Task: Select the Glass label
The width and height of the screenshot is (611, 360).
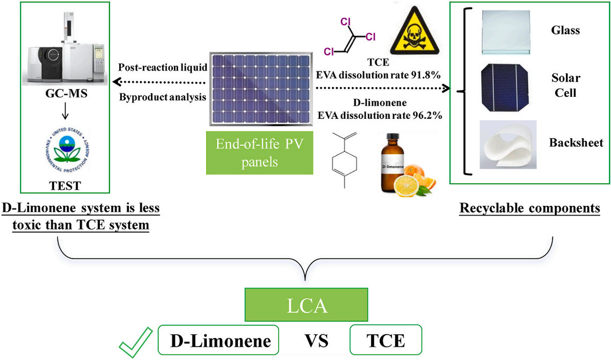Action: click(x=565, y=30)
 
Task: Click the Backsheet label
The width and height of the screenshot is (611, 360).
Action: click(x=576, y=143)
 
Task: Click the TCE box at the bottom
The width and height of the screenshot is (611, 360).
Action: click(x=385, y=341)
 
